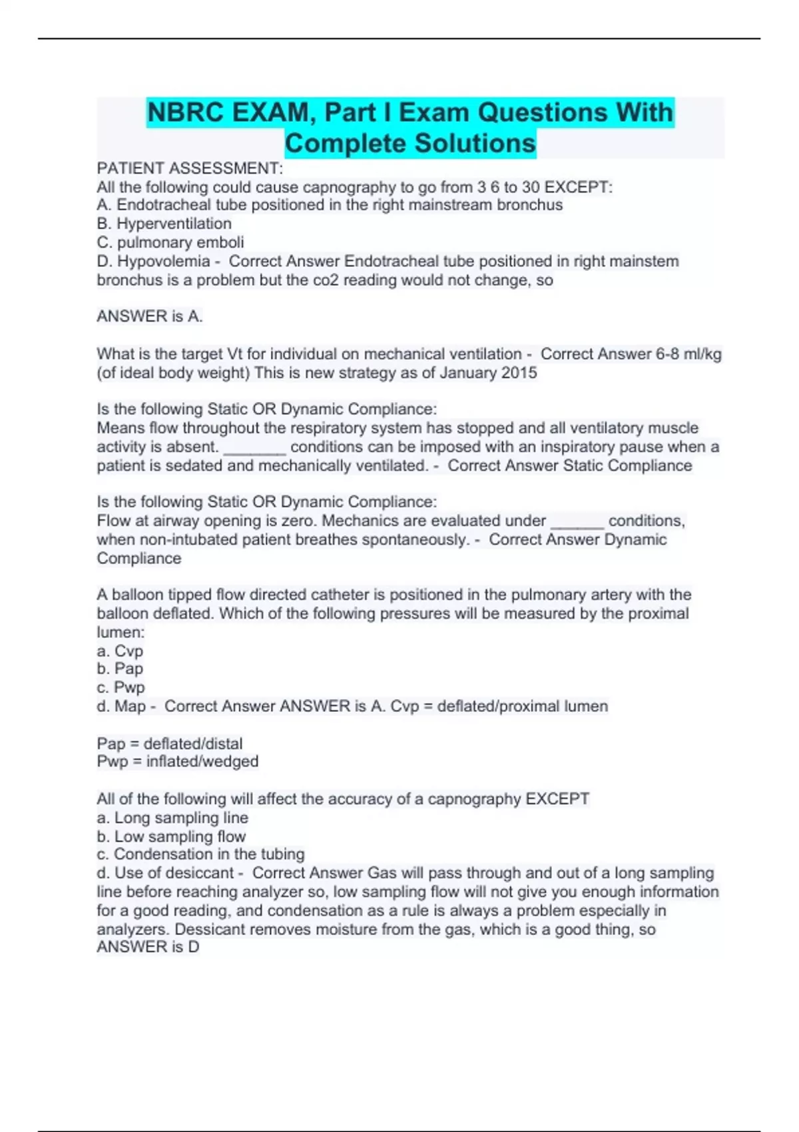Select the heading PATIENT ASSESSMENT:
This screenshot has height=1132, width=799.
coord(190,168)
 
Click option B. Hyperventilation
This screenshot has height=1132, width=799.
coord(164,224)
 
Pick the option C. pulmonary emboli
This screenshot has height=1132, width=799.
coord(170,242)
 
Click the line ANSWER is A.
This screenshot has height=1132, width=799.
coord(149,316)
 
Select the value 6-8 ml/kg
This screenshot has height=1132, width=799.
coord(688,354)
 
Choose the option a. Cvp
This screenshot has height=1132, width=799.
coord(120,651)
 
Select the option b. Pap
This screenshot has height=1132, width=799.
coord(120,669)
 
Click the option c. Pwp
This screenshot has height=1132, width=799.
coord(121,687)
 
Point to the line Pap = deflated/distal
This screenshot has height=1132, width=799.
coord(169,743)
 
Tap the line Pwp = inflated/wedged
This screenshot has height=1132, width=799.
coord(177,761)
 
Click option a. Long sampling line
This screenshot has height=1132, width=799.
coord(172,818)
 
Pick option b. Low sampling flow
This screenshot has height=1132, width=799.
coord(171,836)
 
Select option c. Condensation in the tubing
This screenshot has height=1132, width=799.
coord(200,854)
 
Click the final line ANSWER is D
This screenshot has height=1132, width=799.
coord(148,947)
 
